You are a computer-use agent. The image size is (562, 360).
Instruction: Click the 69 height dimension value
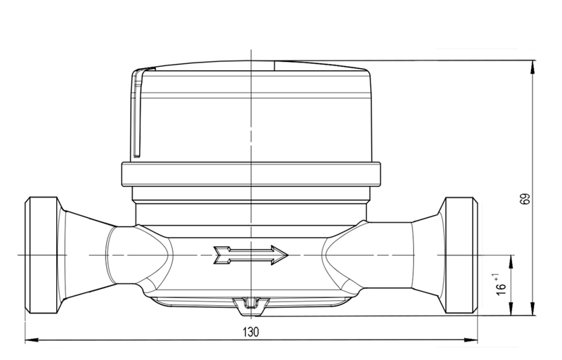523,199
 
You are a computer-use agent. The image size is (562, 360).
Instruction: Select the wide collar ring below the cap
251,174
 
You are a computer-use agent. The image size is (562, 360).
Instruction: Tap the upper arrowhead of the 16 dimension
510,257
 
